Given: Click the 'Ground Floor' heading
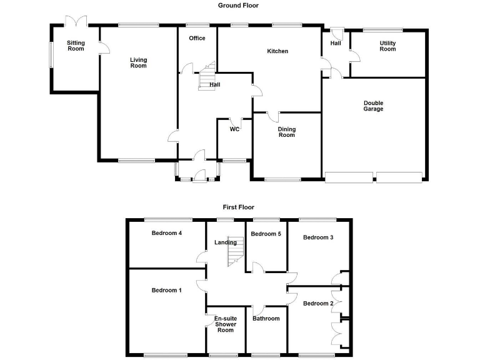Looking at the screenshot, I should [x=238, y=6].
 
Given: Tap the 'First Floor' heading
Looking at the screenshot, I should [x=238, y=207].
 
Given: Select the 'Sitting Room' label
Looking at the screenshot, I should [x=76, y=46].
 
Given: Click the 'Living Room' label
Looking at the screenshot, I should [x=138, y=62].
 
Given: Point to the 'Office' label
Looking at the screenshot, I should [x=197, y=39].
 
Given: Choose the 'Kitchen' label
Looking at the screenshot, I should [x=277, y=51].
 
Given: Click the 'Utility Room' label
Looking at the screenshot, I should [x=387, y=46].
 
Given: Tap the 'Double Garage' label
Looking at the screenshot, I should [x=374, y=106].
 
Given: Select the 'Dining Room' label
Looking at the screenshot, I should [x=286, y=132].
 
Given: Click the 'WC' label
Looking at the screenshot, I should [x=234, y=129].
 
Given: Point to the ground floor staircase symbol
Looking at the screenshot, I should [x=207, y=76].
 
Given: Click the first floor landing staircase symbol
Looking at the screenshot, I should [x=235, y=253].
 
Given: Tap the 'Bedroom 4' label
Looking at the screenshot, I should [x=167, y=233].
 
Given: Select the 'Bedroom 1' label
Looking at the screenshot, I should [x=167, y=290].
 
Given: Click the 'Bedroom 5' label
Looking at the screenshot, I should [x=266, y=234].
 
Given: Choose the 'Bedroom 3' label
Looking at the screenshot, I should [x=318, y=237].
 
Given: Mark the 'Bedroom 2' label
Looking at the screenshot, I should [x=317, y=304].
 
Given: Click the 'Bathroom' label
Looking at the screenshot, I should [x=266, y=319].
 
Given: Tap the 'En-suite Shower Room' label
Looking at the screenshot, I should [x=226, y=324].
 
